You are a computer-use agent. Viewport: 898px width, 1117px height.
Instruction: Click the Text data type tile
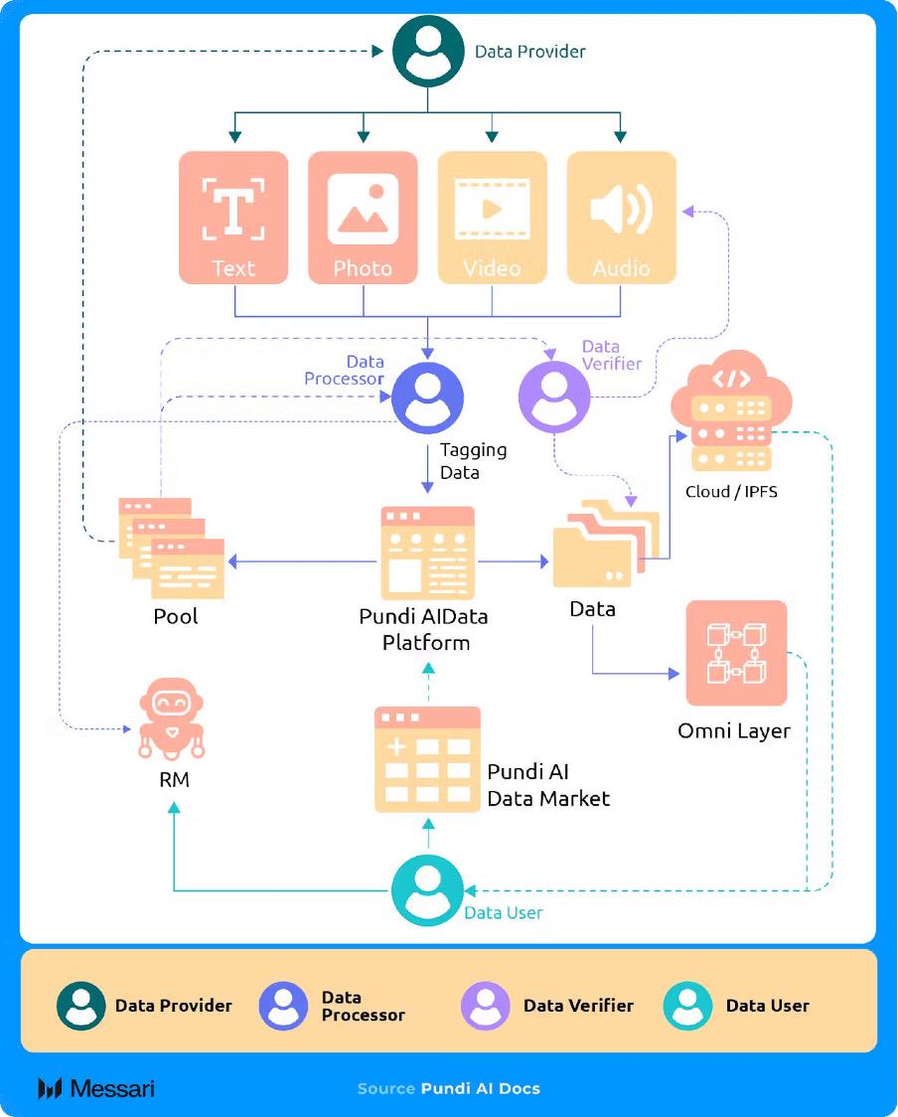point(233,217)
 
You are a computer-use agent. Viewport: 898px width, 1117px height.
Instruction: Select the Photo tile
point(363,217)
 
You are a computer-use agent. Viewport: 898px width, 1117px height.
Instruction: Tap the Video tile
point(492,217)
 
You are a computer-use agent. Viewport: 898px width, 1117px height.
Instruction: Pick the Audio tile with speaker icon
point(621,217)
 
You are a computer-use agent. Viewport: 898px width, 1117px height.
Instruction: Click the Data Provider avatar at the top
point(428,51)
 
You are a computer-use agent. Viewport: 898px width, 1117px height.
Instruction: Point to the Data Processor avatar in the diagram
point(427,399)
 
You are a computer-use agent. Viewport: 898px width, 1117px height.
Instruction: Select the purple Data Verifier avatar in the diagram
point(554,397)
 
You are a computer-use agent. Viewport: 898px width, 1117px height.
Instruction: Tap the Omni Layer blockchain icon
point(736,653)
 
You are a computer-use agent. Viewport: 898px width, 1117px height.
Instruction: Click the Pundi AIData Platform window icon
point(427,552)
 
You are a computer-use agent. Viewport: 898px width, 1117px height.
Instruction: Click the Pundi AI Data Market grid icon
point(427,760)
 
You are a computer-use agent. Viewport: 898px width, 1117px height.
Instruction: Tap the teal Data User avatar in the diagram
point(427,890)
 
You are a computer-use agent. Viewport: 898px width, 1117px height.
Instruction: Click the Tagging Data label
point(473,460)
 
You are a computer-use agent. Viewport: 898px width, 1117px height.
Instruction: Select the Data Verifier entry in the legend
point(547,1006)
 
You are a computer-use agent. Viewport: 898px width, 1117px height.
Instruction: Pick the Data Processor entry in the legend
point(332,1006)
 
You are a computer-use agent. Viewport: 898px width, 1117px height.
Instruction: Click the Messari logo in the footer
point(96,1088)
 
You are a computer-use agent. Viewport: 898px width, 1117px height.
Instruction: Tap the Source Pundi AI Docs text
point(449,1088)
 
